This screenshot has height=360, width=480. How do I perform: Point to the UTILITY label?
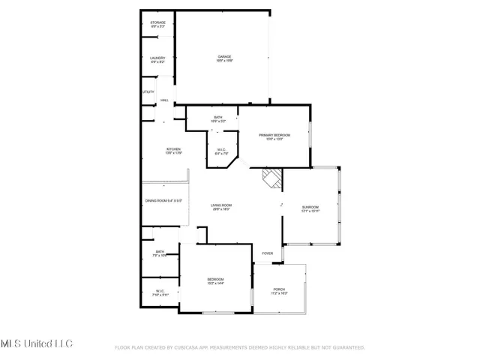click(148, 92)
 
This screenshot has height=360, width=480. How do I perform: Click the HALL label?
click(163, 100)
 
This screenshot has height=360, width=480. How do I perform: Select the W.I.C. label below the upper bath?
click(222, 151)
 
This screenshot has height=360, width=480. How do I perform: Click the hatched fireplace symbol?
click(271, 178)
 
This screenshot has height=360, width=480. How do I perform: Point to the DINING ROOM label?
click(163, 201)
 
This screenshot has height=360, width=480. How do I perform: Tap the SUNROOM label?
click(310, 209)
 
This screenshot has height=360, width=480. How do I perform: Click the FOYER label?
click(268, 253)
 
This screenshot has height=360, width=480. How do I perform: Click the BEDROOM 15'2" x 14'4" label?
click(215, 281)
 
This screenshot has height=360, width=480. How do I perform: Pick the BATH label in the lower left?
click(160, 253)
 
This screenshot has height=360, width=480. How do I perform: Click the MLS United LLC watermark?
click(36, 343)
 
